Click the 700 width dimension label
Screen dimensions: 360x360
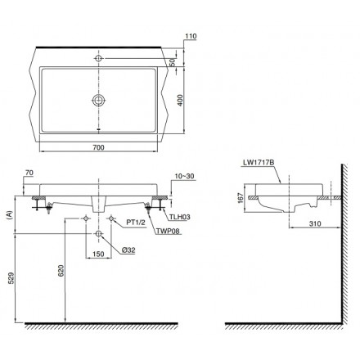(98, 147)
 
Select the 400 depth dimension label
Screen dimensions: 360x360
(180, 101)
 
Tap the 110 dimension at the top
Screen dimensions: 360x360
(191, 36)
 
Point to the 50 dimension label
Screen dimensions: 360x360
(172, 62)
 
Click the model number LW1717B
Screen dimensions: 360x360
(259, 163)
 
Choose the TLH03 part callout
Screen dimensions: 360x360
(180, 217)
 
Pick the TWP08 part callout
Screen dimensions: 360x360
(168, 231)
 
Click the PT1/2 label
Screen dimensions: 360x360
(136, 223)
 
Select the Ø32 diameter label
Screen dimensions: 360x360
(128, 250)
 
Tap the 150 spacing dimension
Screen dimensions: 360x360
(98, 254)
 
